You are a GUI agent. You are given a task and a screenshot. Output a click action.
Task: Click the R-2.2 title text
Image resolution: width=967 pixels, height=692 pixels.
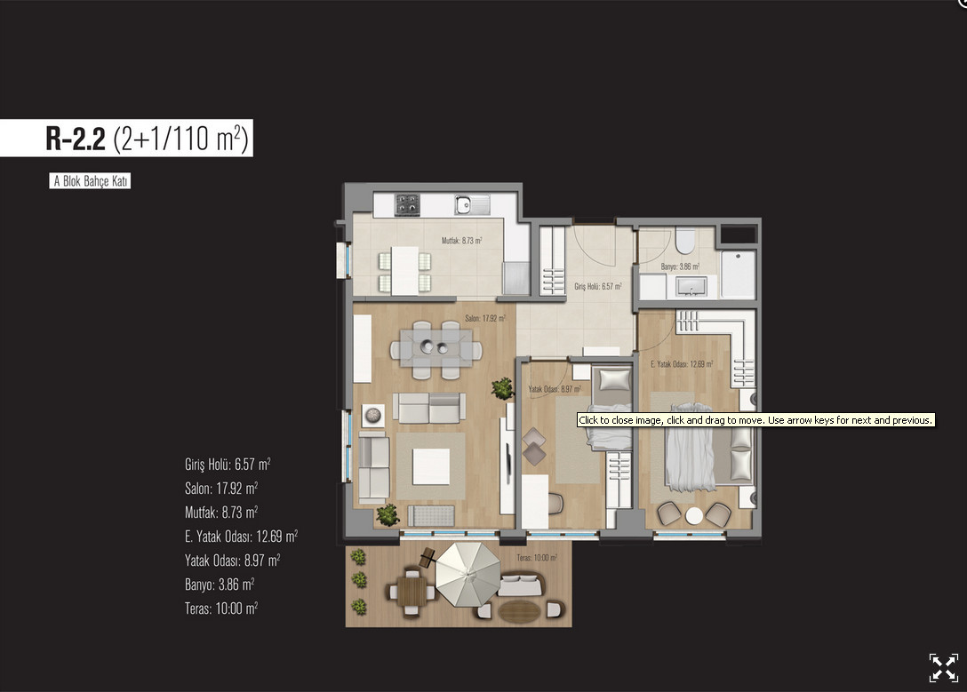76,139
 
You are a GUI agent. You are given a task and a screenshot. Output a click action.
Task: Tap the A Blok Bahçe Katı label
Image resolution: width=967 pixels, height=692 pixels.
90,181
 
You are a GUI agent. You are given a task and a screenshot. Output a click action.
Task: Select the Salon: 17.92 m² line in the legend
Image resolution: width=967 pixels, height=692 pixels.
221,488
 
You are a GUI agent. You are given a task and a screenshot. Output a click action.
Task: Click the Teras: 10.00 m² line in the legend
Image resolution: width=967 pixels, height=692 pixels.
221,608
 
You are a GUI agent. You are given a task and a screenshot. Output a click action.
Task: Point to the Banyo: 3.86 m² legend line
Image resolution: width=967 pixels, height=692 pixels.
220,585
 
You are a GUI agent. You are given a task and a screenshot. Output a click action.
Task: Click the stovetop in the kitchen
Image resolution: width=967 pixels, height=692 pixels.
407,204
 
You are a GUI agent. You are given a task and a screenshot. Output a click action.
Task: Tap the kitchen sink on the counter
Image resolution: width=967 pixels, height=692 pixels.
473,204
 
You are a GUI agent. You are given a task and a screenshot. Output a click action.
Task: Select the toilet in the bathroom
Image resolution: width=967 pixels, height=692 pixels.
685,241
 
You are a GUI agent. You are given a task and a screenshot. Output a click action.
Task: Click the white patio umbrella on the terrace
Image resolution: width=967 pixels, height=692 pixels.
468,575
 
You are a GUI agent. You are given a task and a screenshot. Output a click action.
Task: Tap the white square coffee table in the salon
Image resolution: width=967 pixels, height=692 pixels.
431,466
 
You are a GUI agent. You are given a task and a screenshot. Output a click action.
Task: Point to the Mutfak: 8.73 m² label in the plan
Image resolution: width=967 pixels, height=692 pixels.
462,241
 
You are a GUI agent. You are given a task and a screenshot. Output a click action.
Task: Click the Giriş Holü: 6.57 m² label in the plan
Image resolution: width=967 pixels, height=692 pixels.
598,287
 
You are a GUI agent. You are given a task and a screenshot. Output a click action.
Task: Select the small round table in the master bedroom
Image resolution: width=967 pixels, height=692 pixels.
694,515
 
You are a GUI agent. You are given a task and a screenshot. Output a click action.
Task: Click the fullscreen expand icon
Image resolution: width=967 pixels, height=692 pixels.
944,668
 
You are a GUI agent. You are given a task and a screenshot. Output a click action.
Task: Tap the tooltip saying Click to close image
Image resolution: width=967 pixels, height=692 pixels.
756,420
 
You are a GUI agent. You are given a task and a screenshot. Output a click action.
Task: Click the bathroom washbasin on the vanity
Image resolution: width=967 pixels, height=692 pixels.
691,287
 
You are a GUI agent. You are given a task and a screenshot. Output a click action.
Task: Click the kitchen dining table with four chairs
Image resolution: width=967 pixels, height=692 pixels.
404,271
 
